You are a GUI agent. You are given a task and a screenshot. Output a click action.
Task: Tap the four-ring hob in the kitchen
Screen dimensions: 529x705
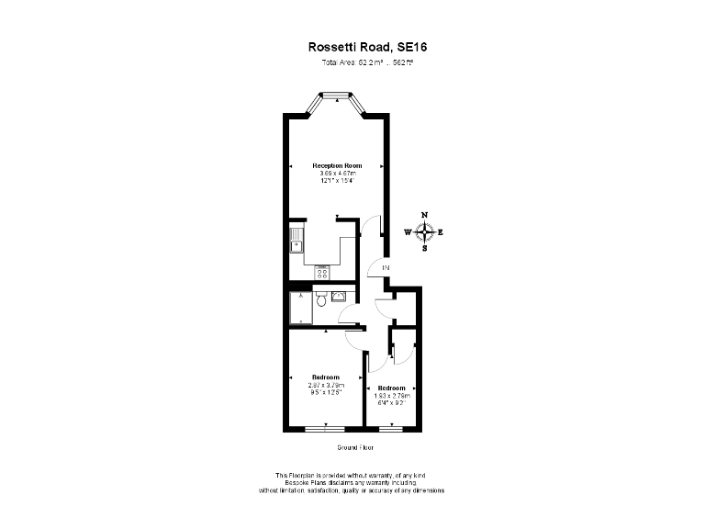coord(322,272)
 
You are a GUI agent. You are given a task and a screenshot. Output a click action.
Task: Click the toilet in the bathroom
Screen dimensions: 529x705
coord(320,300)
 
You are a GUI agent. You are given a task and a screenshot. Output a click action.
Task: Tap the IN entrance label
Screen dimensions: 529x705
coord(386,267)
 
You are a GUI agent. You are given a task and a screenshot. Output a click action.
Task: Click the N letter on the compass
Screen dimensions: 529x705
coord(424,215)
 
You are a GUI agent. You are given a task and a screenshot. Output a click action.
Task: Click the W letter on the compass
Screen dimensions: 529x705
coord(408,232)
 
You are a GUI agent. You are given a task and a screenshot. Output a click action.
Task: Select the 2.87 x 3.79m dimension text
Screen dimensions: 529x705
coord(326,385)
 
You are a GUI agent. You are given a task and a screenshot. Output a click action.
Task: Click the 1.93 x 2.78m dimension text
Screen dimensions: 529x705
coord(392,395)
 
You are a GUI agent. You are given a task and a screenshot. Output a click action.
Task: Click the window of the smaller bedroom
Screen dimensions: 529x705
coord(392,429)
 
